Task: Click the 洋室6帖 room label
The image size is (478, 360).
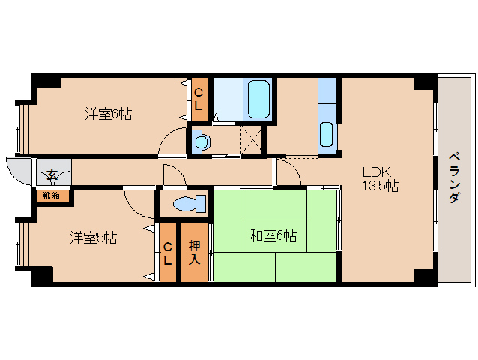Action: (x=108, y=114)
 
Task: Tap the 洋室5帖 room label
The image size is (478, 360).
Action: (x=94, y=238)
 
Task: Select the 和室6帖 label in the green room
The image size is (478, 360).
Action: (x=273, y=235)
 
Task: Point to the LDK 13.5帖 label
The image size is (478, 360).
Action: (x=380, y=179)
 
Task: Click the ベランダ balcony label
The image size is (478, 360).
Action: (x=454, y=178)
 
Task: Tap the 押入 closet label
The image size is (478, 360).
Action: (x=195, y=253)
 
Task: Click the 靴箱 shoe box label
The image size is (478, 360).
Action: (x=51, y=196)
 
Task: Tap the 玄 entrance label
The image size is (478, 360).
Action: (x=52, y=175)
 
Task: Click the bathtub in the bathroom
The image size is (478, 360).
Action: (x=258, y=99)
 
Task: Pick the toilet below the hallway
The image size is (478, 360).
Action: (x=190, y=203)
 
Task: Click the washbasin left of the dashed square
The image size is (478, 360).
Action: (x=202, y=141)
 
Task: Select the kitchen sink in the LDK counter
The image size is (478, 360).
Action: (x=327, y=134)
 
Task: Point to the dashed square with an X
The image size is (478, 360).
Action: (x=251, y=140)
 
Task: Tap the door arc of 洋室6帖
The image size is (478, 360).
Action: (x=167, y=134)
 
